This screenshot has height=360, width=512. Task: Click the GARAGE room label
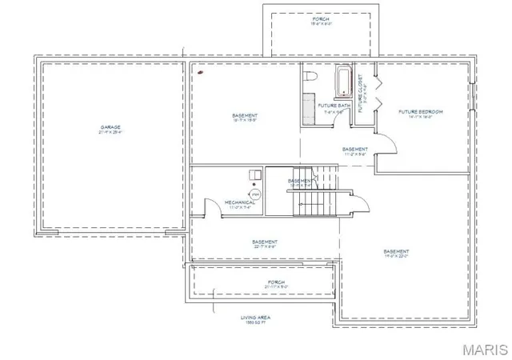(110, 127)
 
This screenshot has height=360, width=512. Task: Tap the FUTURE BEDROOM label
(421, 111)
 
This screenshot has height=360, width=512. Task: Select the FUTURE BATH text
(334, 105)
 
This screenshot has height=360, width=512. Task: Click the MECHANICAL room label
(240, 202)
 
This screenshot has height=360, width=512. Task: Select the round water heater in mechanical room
(256, 194)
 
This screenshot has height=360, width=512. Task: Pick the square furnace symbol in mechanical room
(254, 174)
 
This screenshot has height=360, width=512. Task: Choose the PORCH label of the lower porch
(275, 283)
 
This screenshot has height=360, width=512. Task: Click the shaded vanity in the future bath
(309, 107)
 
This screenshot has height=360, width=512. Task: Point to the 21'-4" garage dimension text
(110, 132)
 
